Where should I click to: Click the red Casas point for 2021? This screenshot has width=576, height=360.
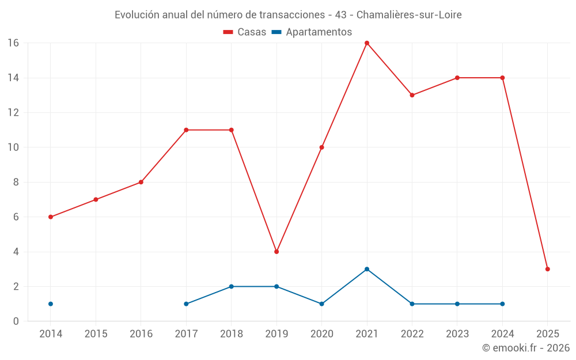pos(367,43)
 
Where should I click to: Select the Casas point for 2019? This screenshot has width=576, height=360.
pos(276,252)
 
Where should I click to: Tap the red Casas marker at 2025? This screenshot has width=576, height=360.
pos(547,269)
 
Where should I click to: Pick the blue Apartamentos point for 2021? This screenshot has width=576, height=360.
pos(367,269)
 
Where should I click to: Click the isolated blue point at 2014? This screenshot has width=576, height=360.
pos(51,304)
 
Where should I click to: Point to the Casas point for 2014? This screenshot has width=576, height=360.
pos(51,217)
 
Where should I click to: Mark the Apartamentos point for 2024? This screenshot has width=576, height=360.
pos(502,304)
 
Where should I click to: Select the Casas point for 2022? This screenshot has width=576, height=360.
pos(412,95)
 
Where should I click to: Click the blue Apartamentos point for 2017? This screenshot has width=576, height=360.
pos(186,304)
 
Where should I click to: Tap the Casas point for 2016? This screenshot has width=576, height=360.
pos(141,182)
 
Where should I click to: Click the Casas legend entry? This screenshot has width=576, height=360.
pos(245,32)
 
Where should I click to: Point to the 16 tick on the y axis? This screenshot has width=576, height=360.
pos(13,43)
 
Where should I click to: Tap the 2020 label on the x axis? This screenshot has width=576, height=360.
pos(321,334)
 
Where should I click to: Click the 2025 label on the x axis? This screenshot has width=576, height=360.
pos(547,334)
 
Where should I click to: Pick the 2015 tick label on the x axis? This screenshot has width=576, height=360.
pos(96,334)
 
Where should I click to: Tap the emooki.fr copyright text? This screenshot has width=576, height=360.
pos(526,348)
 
